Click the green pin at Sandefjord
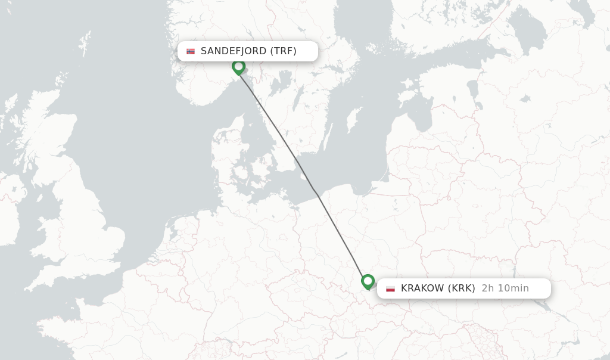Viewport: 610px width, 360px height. click(238, 66)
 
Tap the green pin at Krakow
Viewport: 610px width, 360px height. click(368, 281)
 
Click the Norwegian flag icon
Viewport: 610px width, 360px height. click(191, 51)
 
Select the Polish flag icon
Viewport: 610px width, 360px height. click(391, 288)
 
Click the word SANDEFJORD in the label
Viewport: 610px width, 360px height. click(234, 51)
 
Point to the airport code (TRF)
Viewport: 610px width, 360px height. click(283, 51)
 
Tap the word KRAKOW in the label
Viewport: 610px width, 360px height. click(422, 288)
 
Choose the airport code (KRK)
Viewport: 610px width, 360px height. click(462, 288)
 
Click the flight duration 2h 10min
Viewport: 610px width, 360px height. click(505, 288)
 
